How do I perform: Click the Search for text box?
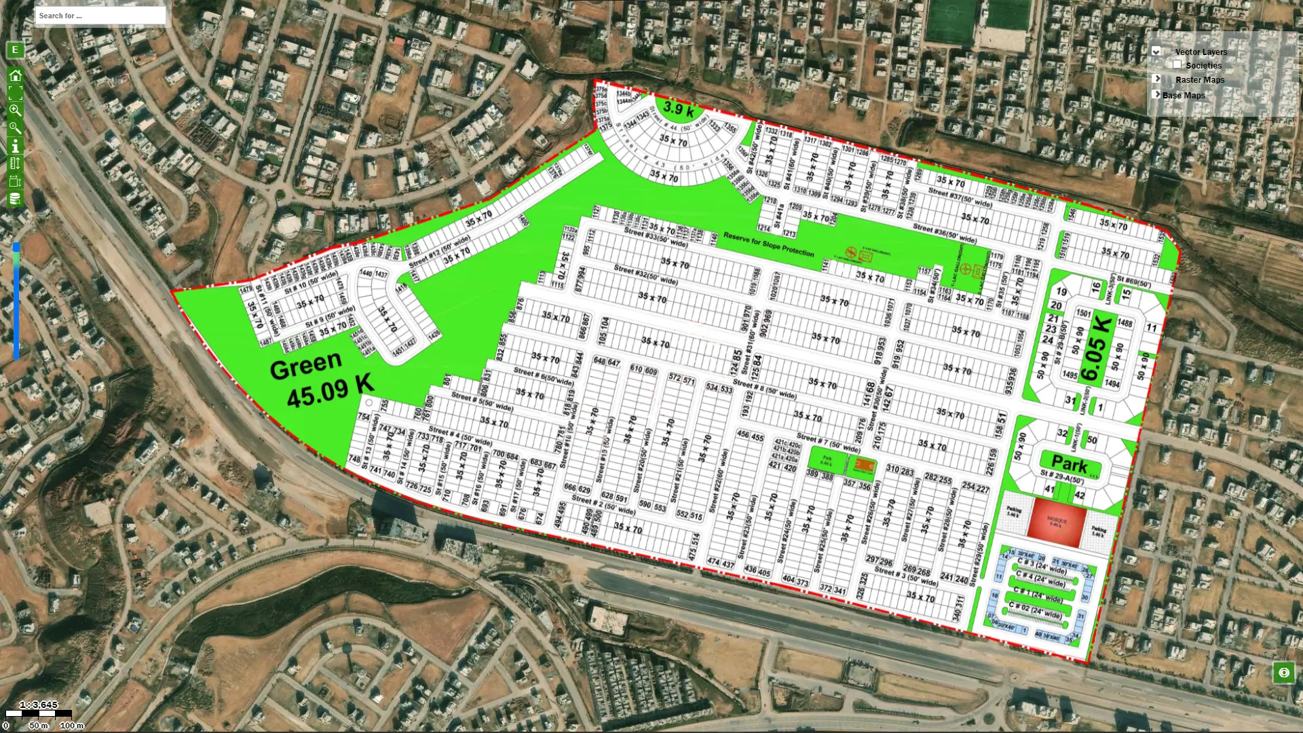pos(100,16)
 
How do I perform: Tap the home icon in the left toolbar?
pos(15,75)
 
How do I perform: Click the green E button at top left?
pos(15,50)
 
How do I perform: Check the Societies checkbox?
pos(1177,64)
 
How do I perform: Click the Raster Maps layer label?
pos(1200,80)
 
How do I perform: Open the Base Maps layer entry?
pos(1184,96)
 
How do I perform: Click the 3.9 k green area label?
pos(679,109)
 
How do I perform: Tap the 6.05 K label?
pos(1097,348)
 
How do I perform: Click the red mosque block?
pos(1057,521)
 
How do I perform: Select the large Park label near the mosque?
pos(1069,464)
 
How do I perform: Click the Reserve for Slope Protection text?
pos(768,244)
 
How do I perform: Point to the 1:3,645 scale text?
pos(39,704)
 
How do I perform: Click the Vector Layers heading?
pos(1201,52)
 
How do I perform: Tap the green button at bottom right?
pos(1283,673)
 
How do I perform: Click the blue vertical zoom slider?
pos(16,302)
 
